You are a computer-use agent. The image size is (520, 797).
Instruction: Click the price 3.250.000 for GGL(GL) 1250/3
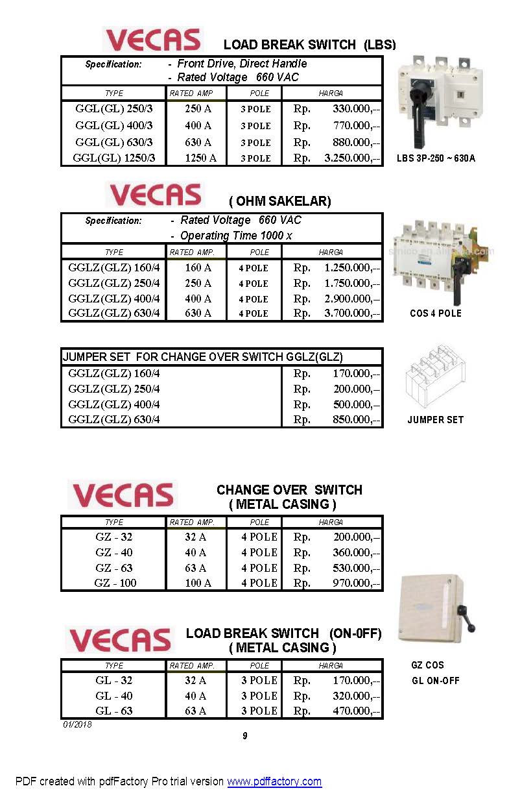[x=351, y=158]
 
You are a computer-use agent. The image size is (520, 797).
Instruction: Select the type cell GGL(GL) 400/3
[x=114, y=125]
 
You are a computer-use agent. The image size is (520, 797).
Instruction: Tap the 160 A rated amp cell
[x=198, y=267]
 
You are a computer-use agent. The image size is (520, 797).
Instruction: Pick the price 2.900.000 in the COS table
[x=351, y=299]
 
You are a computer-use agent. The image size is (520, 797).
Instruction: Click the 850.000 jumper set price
[x=355, y=419]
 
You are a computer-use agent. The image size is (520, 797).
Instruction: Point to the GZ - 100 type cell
[x=115, y=583]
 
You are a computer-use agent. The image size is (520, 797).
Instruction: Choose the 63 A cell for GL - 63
[x=195, y=711]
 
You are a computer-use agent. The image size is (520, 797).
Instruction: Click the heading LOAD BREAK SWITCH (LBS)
[x=309, y=45]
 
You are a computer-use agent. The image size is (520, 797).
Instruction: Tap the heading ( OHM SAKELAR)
[x=279, y=201]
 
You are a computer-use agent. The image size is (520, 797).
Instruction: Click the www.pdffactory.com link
[x=274, y=781]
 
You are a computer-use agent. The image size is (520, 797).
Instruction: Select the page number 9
[x=245, y=735]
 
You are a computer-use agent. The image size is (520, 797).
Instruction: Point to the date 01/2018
[x=77, y=724]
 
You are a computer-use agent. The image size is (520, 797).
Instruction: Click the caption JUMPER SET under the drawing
[x=435, y=420]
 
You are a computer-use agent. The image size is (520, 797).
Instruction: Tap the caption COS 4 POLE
[x=436, y=313]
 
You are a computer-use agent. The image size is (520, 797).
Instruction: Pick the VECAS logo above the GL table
[x=120, y=640]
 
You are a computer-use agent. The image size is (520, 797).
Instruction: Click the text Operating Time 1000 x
[x=236, y=236]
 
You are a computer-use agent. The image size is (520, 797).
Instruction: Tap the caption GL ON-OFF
[x=436, y=681]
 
